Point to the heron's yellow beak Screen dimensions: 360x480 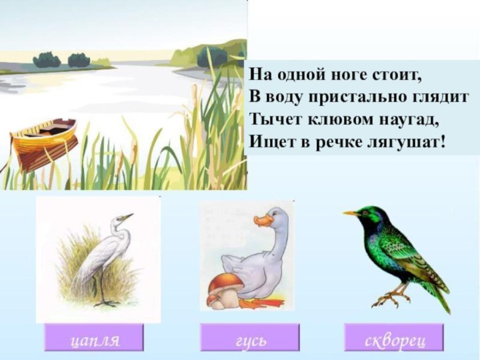(126, 217)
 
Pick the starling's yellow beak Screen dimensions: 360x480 (351, 213)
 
